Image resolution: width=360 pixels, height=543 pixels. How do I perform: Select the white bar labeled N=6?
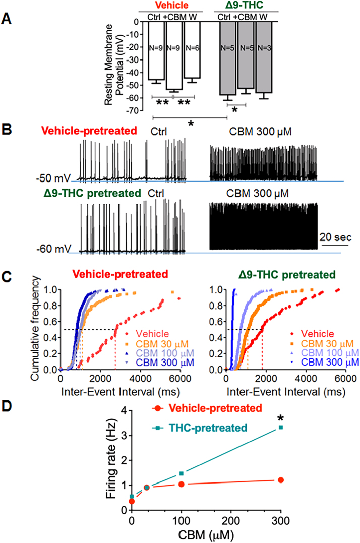click(x=192, y=49)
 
